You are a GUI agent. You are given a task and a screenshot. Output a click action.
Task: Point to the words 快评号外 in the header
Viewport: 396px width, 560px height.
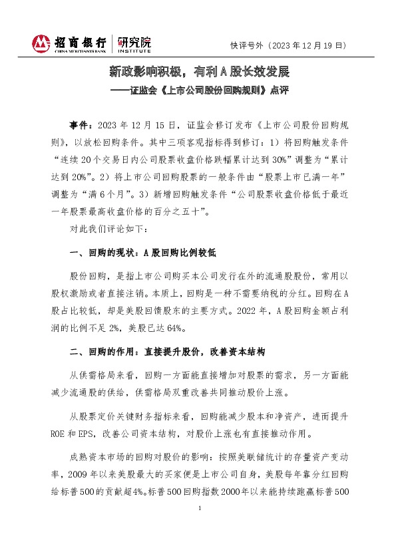245,45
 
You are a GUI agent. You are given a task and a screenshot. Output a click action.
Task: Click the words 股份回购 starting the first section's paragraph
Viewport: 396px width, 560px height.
88,277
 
